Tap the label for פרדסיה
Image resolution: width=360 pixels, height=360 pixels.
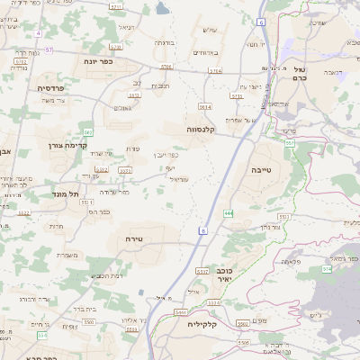click(49, 88)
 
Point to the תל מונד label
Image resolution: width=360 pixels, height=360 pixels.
click(67, 193)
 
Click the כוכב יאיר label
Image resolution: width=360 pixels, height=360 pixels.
click(227, 274)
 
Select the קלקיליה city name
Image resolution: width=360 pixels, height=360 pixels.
click(203, 323)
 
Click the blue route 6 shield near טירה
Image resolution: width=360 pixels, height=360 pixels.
click(203, 231)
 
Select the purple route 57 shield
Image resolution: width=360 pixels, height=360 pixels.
click(49, 50)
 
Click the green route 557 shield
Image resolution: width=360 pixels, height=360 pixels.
click(289, 144)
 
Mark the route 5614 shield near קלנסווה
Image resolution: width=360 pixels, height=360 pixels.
click(205, 106)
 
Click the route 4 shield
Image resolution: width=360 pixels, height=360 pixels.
click(39, 33)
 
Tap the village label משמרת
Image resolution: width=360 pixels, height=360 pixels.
click(67, 255)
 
